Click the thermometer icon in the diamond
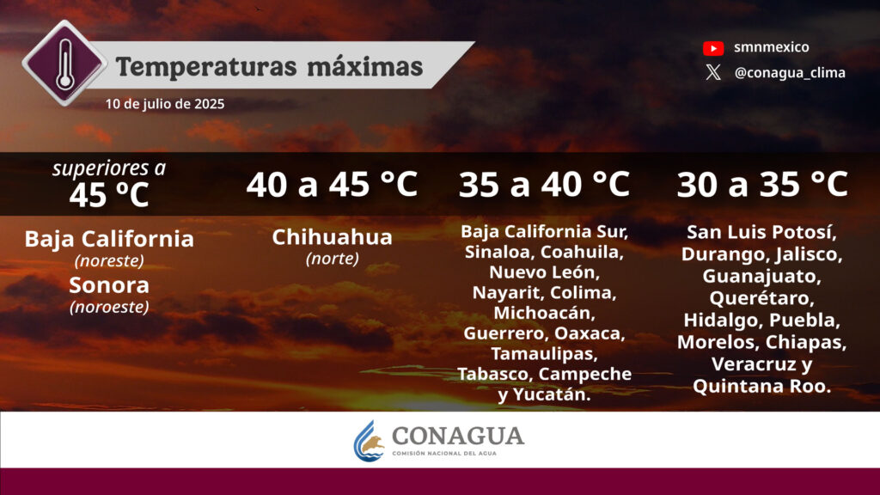64,64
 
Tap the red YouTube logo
713,48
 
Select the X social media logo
713,72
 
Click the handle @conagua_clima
790,73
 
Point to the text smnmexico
771,47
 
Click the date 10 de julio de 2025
165,104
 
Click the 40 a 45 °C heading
333,184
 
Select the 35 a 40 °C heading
544,184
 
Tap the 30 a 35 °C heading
762,184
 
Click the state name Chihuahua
333,237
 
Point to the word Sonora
109,285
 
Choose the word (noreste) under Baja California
109,260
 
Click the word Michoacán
544,313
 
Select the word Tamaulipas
544,353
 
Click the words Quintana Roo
761,386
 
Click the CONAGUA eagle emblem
370,442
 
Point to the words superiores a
109,168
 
